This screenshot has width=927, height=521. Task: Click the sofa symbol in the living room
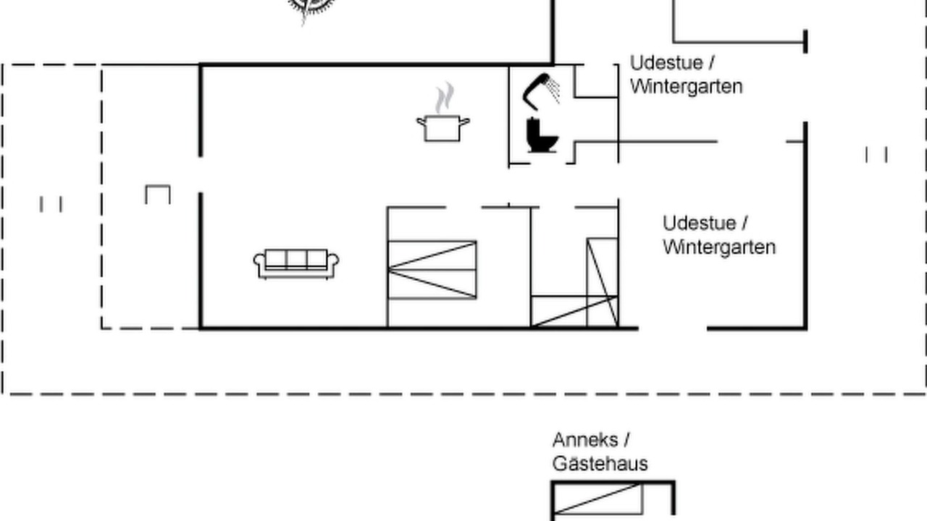296,264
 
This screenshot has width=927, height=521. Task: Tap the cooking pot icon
442,128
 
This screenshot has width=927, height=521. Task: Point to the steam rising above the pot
445,98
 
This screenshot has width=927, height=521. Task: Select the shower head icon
541,92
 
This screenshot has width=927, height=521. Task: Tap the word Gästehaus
600,464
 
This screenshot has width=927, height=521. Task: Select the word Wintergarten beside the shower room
686,87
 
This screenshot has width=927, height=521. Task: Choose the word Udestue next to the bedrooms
700,224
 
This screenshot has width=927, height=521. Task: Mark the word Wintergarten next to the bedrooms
719,247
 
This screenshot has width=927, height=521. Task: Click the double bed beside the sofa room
432,270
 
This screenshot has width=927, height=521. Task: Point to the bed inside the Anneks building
598,499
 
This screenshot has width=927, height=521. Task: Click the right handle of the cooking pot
465,122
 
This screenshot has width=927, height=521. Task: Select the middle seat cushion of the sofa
296,259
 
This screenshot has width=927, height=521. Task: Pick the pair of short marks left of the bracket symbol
51,204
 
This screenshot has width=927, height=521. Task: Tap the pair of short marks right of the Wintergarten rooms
876,155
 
